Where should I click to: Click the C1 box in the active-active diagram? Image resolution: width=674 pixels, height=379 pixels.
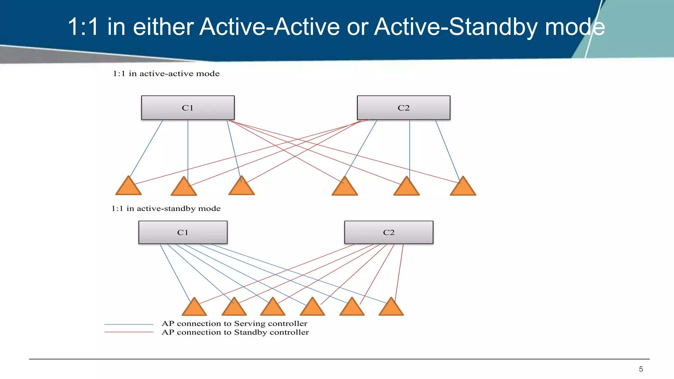tap(188, 108)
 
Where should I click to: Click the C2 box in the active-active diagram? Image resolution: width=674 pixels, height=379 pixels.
tap(403, 108)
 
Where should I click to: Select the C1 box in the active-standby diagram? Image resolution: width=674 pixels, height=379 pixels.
tap(183, 232)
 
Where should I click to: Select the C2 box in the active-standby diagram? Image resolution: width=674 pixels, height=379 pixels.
tap(389, 232)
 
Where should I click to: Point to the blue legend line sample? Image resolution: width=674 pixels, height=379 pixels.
tap(129, 324)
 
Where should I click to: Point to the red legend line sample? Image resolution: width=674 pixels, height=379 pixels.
tap(129, 332)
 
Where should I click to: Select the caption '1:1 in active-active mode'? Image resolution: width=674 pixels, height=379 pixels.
tap(166, 74)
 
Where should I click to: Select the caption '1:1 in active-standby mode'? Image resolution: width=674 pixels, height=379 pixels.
tap(166, 209)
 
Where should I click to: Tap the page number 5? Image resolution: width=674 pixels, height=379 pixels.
tap(641, 369)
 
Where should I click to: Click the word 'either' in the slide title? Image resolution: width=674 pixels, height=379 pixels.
tap(163, 27)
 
